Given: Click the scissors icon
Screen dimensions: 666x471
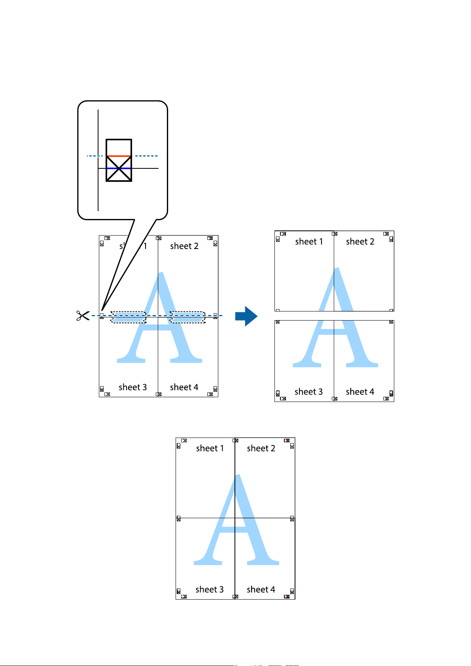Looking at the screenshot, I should (x=83, y=315).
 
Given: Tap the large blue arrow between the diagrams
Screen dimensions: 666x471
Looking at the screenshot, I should (x=246, y=316).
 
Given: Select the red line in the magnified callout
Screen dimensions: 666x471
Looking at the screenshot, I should (x=119, y=156).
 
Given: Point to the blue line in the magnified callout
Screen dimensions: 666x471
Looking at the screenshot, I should (x=119, y=168).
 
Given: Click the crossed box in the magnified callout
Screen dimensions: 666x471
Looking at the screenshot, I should (x=119, y=160).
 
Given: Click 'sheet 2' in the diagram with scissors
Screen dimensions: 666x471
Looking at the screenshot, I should (x=184, y=246).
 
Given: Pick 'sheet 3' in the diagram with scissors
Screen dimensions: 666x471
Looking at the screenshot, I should (x=132, y=387).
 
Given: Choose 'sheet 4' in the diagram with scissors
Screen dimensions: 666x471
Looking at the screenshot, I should (x=184, y=387).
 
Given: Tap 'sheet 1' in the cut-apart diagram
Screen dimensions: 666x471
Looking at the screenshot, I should (x=309, y=241).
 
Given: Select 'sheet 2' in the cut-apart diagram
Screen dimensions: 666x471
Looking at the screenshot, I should (x=360, y=241).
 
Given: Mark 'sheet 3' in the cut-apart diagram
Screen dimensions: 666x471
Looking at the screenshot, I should (x=308, y=392).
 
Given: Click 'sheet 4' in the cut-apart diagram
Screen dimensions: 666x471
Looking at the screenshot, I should (x=360, y=392).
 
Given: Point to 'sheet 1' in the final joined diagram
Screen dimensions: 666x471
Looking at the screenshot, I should (x=210, y=448).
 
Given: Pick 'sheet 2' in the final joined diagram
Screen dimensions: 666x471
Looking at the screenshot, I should (x=261, y=448).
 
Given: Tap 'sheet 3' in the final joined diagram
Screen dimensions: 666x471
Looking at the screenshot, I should (x=210, y=589).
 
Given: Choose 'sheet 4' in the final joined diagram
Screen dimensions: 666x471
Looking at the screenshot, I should (x=261, y=589).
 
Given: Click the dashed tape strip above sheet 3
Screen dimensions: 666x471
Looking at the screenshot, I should (x=129, y=317).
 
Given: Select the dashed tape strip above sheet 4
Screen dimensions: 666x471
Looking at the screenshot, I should (x=187, y=317).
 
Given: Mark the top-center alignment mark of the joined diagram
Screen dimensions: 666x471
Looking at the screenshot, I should (x=236, y=440).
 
